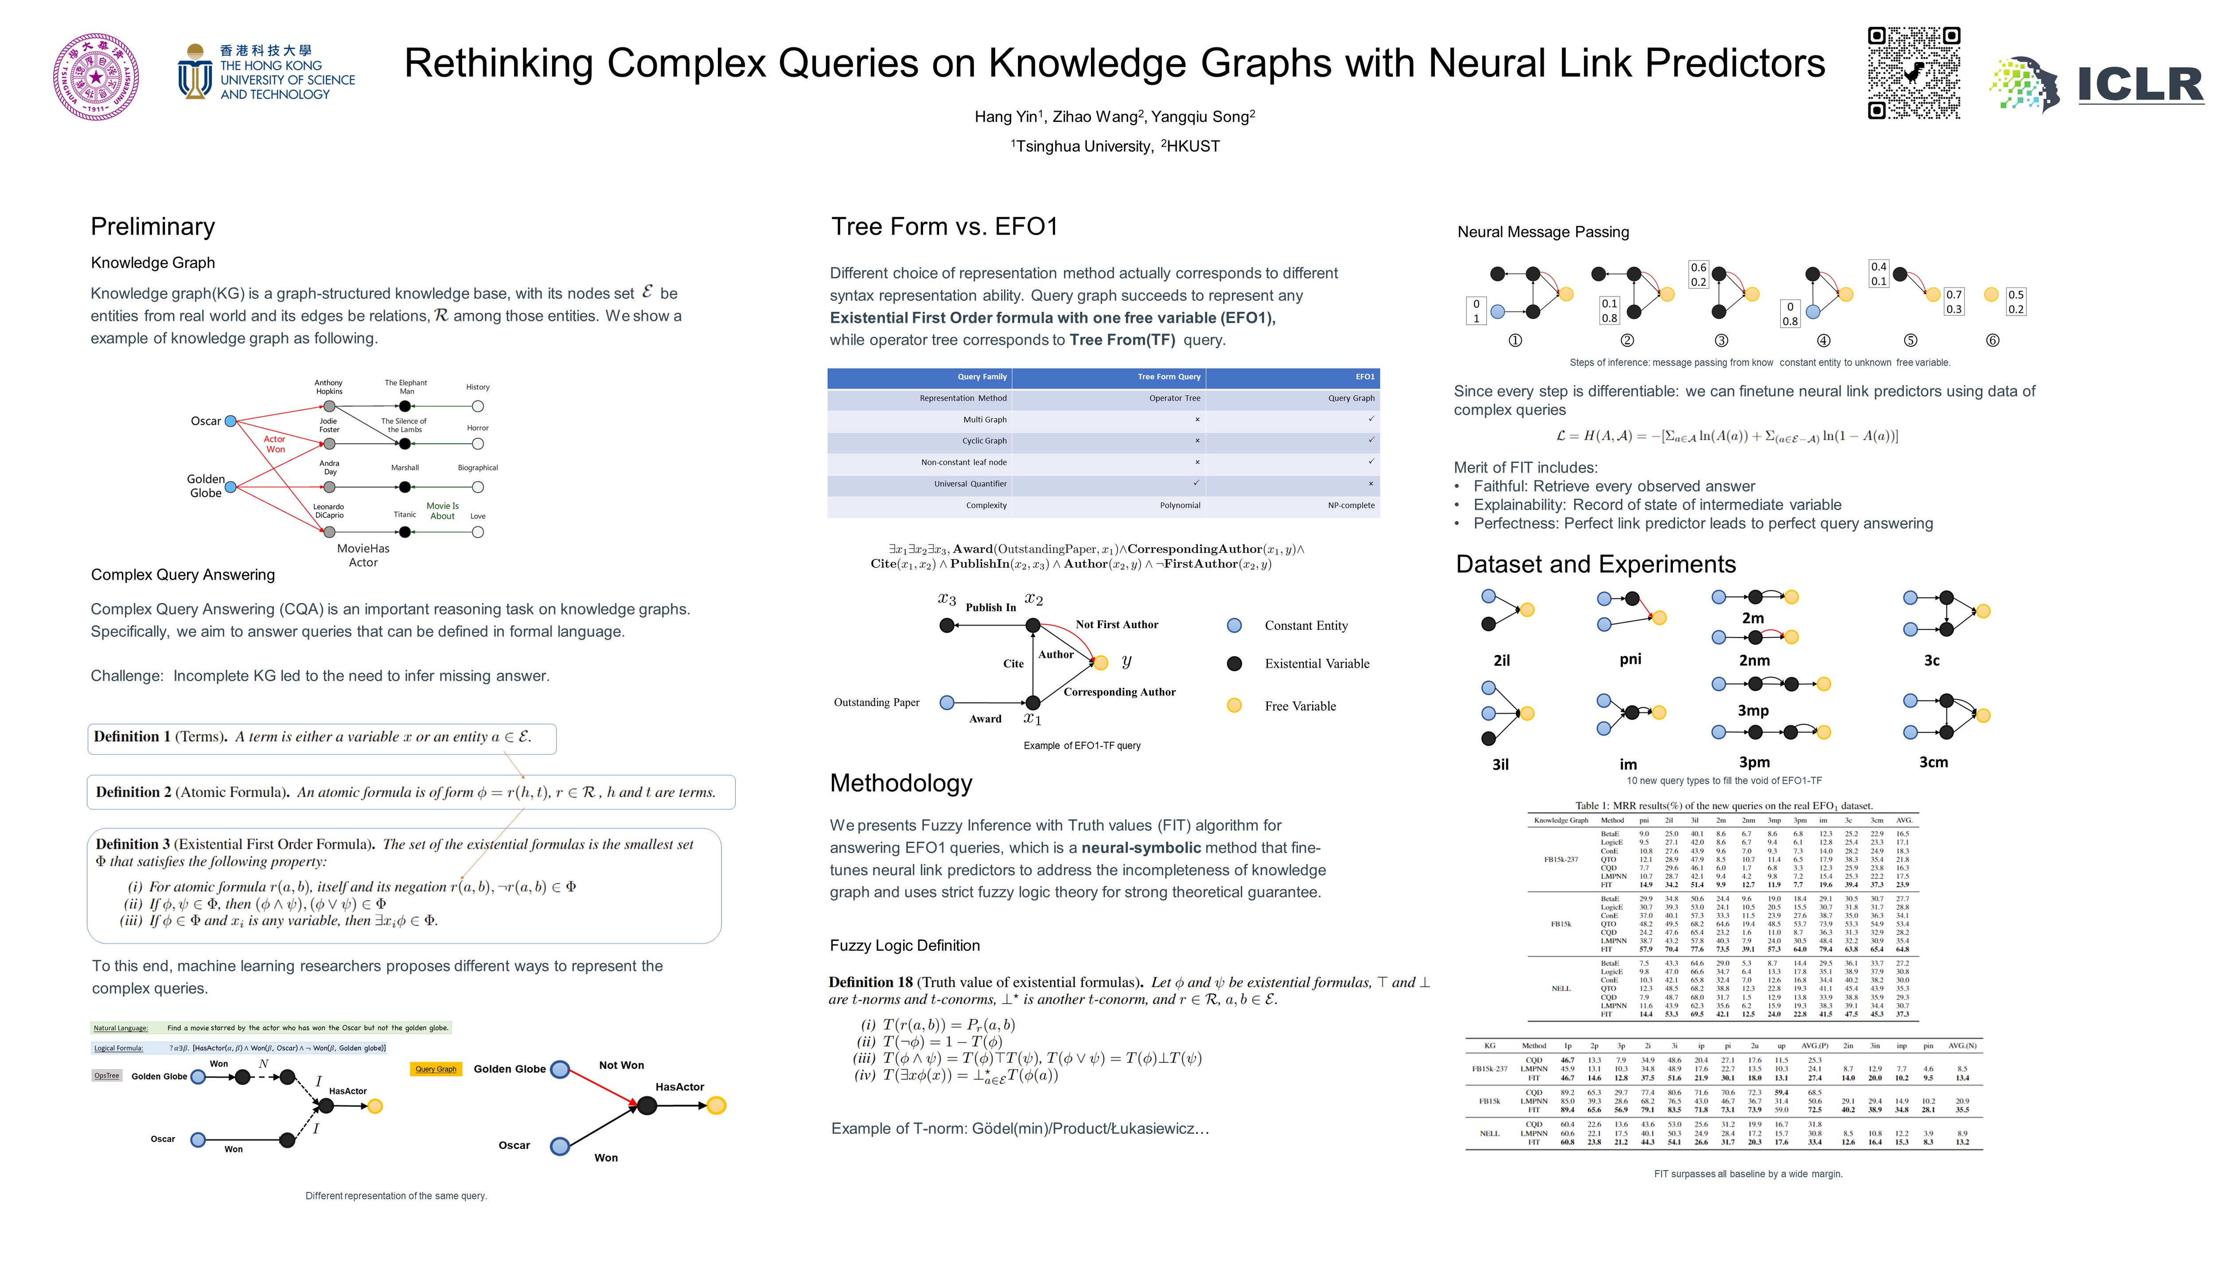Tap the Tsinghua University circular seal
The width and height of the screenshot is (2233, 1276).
pos(96,77)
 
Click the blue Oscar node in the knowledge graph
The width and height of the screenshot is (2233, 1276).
pos(230,421)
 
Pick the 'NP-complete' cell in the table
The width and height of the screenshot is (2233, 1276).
pos(1351,506)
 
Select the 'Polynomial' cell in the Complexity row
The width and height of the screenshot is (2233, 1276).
pos(1180,506)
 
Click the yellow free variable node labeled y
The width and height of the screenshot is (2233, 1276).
pos(1101,662)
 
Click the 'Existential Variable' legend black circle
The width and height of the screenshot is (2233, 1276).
pos(1234,663)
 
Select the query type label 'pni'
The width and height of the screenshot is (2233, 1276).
pos(1630,659)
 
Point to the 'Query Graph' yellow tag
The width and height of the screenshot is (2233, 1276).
pos(436,1069)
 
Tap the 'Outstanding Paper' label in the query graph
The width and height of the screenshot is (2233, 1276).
pos(877,703)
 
